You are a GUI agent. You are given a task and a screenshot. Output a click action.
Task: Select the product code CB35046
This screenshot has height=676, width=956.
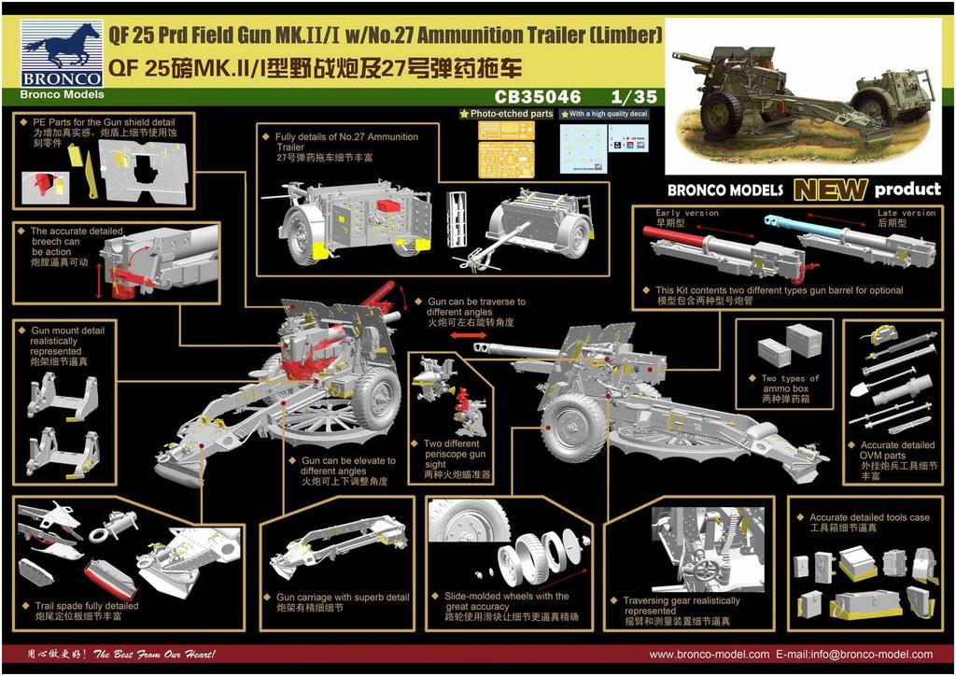point(538,96)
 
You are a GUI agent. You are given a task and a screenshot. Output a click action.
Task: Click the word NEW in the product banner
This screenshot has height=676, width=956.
point(830,190)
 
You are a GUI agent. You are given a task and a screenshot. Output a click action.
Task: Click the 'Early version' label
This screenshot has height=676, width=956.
point(687,213)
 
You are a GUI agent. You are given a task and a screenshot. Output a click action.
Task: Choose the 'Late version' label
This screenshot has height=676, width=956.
point(906,213)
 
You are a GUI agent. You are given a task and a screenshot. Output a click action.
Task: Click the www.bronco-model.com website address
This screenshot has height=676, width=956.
point(710,655)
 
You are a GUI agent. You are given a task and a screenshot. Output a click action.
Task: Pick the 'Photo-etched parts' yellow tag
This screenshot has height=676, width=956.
point(507,114)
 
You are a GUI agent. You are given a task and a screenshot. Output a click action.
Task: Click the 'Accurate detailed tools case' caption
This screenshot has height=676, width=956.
point(869,522)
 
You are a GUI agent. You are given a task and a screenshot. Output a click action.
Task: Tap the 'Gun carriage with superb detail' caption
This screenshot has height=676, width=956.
point(343,602)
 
